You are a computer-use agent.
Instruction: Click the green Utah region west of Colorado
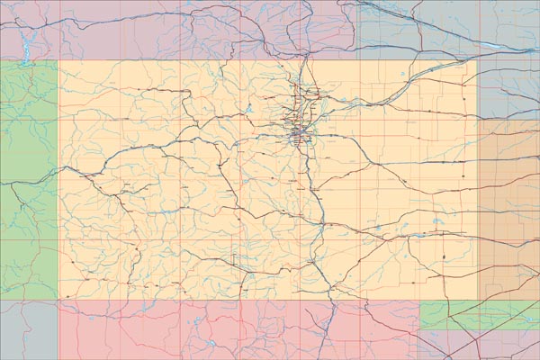[x=27, y=180]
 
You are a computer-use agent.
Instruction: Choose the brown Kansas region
[x=508, y=207]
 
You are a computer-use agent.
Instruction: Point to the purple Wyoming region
[x=180, y=27]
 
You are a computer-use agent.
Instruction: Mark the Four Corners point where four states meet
[x=58, y=300]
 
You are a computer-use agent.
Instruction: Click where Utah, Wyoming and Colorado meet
[x=58, y=60]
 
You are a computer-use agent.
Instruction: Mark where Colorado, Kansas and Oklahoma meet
[x=477, y=300]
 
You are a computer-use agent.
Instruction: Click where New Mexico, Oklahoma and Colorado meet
[x=419, y=300]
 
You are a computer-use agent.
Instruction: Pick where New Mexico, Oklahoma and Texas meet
[x=419, y=328]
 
